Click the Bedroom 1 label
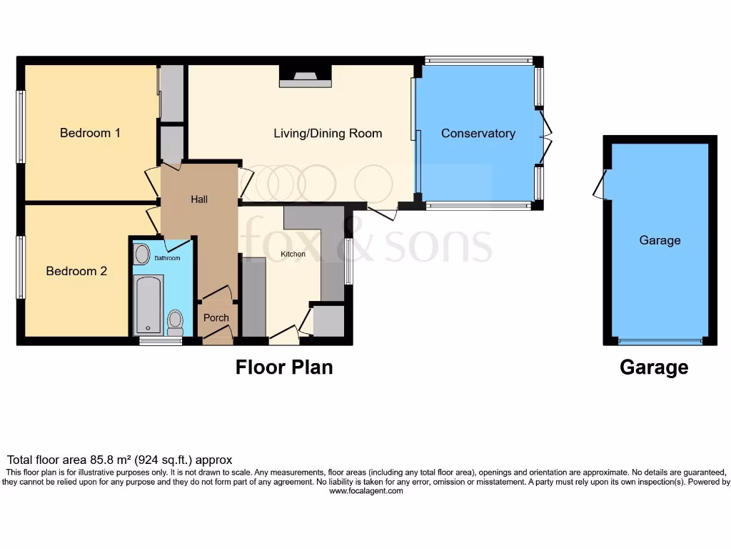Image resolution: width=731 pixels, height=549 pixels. pyautogui.click(x=90, y=133)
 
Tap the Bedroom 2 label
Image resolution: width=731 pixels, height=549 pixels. pyautogui.click(x=76, y=271)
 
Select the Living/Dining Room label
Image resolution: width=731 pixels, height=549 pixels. pyautogui.click(x=328, y=133)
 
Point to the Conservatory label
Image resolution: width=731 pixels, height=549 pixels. pyautogui.click(x=478, y=133)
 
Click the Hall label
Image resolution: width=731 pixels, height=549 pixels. pyautogui.click(x=199, y=199)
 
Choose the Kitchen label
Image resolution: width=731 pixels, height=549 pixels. pyautogui.click(x=293, y=254)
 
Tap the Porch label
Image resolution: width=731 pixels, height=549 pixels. pyautogui.click(x=216, y=317)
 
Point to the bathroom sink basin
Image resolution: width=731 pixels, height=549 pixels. pyautogui.click(x=142, y=254)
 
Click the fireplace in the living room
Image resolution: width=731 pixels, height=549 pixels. pyautogui.click(x=305, y=76)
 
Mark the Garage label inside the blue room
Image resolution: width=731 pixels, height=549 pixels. pyautogui.click(x=660, y=240)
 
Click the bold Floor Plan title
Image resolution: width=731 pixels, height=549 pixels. pyautogui.click(x=284, y=367)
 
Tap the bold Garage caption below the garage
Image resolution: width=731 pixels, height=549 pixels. pyautogui.click(x=654, y=367)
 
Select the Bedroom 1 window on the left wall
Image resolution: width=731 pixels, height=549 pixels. pyautogui.click(x=21, y=127)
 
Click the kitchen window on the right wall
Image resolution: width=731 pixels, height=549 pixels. pyautogui.click(x=348, y=261)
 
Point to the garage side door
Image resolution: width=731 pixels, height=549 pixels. pyautogui.click(x=602, y=184)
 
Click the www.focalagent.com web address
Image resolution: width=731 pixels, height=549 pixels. pyautogui.click(x=365, y=491)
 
